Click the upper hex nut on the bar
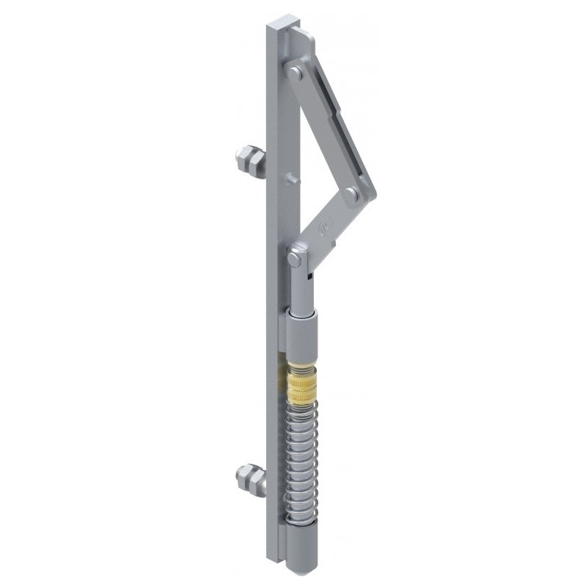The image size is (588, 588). coord(249,162)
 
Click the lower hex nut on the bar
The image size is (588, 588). coord(251,479)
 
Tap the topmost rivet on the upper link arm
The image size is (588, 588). coord(295,72)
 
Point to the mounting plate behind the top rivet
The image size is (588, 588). coord(301,44)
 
